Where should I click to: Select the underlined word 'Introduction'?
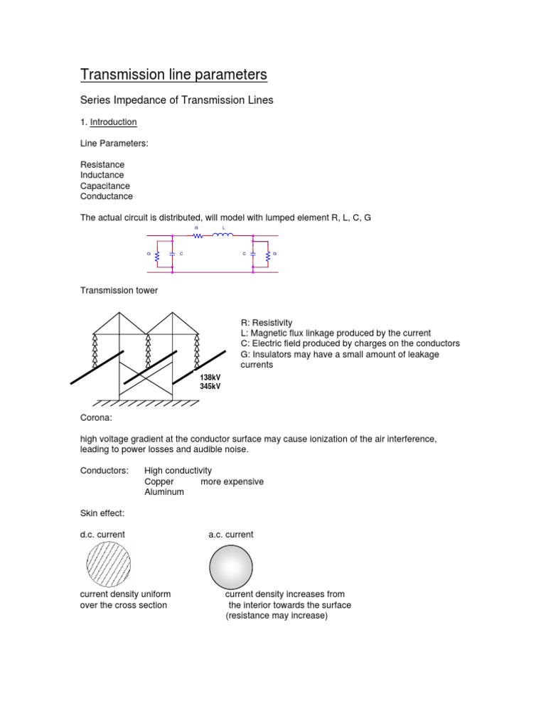click(113, 122)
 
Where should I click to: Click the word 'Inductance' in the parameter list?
click(102, 175)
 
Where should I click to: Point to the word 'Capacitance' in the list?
click(105, 186)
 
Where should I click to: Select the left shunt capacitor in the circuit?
click(172, 254)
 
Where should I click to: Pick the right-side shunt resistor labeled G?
click(267, 254)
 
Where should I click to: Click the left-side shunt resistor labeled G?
click(156, 254)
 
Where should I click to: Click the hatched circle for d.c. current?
click(108, 564)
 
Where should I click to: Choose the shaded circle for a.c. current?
click(230, 566)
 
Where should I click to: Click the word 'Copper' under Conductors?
click(159, 481)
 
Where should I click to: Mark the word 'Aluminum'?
click(164, 492)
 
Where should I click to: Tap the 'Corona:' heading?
click(96, 418)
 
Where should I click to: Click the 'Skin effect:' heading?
click(102, 513)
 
